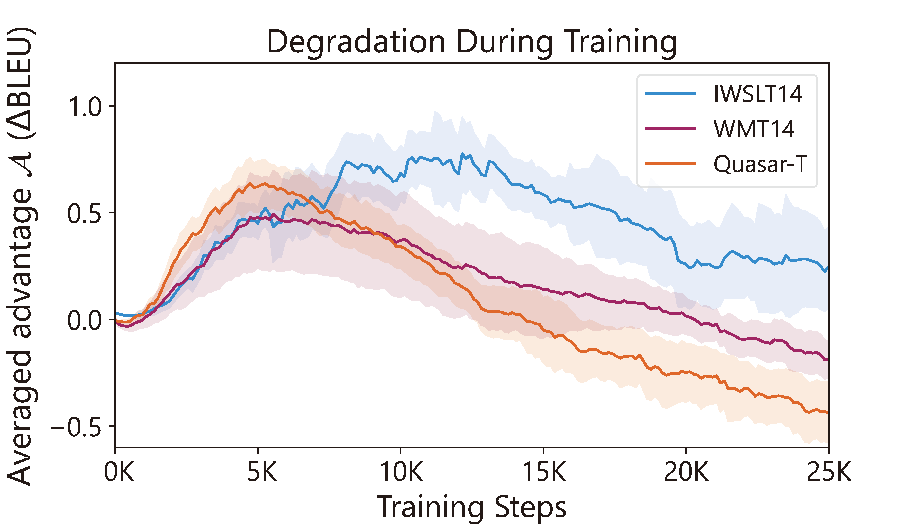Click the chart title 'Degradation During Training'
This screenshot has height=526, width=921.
(x=472, y=42)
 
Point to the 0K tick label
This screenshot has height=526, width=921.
(x=119, y=472)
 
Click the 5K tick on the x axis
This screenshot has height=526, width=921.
(x=262, y=472)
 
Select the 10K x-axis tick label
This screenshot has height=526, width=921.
(x=401, y=472)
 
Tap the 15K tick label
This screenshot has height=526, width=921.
(x=544, y=472)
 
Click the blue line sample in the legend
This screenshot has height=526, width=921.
(x=670, y=94)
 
